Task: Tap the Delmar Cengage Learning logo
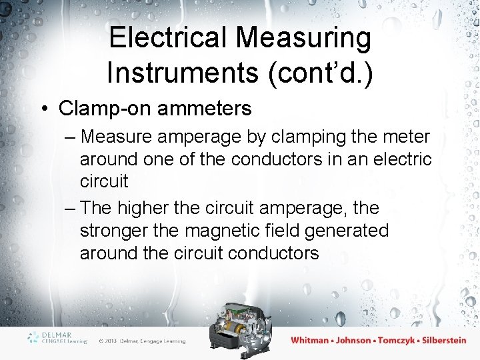coord(57,337)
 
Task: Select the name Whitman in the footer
coord(310,340)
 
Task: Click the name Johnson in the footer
coord(353,340)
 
